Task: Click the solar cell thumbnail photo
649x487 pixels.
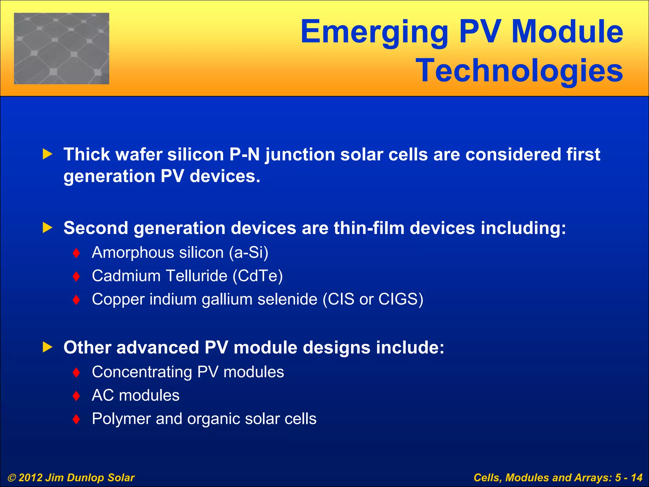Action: tap(61, 49)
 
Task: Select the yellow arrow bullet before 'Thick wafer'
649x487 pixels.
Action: tap(47, 154)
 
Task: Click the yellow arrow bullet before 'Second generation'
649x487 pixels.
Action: tap(47, 228)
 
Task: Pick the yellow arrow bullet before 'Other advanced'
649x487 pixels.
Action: tap(47, 347)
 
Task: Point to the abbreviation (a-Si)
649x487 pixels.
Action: tap(249, 253)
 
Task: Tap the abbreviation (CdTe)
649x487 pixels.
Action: tap(258, 276)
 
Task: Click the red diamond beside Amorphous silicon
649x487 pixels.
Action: tap(76, 253)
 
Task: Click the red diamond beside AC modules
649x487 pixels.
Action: tap(76, 396)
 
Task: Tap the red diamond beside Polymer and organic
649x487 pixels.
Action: tap(76, 419)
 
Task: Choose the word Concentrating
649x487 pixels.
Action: tap(142, 372)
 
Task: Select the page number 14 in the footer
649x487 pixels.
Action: tap(636, 477)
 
